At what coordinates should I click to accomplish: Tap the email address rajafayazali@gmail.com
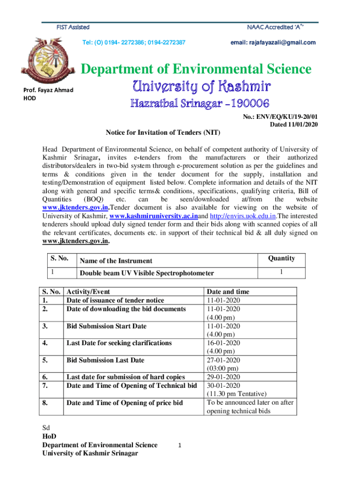(273, 43)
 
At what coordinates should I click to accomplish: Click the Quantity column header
(281, 258)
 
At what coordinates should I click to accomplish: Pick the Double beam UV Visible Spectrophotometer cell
(147, 273)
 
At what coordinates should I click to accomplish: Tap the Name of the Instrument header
(116, 261)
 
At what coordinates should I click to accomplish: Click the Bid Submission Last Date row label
(105, 360)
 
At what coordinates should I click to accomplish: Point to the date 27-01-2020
(223, 360)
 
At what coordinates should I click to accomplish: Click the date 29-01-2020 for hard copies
(223, 377)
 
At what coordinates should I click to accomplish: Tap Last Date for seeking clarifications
(119, 343)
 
